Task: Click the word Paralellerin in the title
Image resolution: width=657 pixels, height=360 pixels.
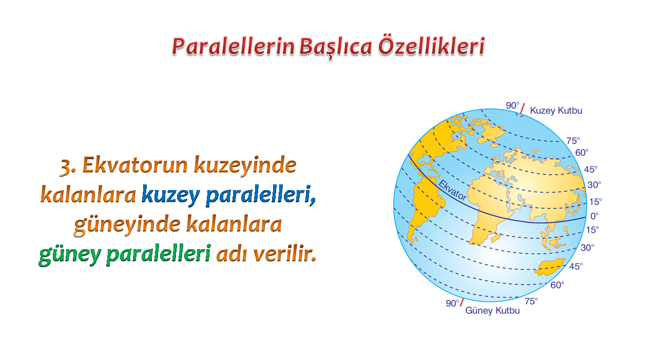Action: pyautogui.click(x=233, y=47)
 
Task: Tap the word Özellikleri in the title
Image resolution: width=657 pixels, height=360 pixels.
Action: pyautogui.click(x=432, y=46)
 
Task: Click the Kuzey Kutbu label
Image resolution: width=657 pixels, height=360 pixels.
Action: pyautogui.click(x=556, y=110)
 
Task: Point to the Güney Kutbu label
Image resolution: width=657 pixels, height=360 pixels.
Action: pyautogui.click(x=492, y=311)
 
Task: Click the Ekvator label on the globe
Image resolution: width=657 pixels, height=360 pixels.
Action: pyautogui.click(x=452, y=190)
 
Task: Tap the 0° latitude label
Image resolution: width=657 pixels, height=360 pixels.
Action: pyautogui.click(x=594, y=216)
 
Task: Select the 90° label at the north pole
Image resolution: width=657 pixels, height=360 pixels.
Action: pyautogui.click(x=512, y=105)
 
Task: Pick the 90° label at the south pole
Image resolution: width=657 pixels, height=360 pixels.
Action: pyautogui.click(x=452, y=303)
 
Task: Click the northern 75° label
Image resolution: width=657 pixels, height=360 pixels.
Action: pyautogui.click(x=573, y=141)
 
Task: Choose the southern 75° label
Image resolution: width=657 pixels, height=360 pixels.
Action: pyautogui.click(x=531, y=301)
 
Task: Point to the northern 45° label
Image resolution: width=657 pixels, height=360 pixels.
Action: pyautogui.click(x=590, y=169)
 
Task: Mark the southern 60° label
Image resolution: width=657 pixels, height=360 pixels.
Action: pyautogui.click(x=557, y=285)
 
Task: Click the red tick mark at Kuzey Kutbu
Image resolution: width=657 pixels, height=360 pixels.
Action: pyautogui.click(x=523, y=108)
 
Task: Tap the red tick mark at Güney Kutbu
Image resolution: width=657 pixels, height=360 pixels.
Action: pyautogui.click(x=462, y=302)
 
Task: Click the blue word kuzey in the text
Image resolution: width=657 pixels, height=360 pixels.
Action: pyautogui.click(x=171, y=195)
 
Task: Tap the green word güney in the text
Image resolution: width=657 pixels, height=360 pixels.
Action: pyautogui.click(x=70, y=254)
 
